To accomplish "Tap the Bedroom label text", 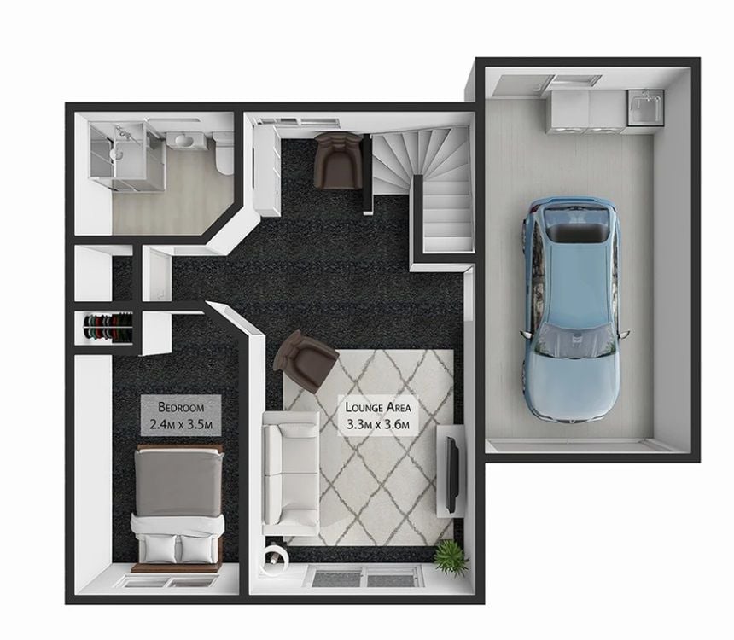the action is [x=181, y=407].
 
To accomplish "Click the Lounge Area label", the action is [x=378, y=407].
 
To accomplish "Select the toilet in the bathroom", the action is [x=224, y=153].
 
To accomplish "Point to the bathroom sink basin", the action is [x=185, y=140].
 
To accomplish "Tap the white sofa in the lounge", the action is [x=291, y=473].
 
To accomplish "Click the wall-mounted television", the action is [x=451, y=474].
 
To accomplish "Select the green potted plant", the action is [x=451, y=556].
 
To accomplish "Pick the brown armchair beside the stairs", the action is [x=338, y=160].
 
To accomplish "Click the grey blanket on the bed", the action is [x=178, y=483].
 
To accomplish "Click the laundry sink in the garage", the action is [x=645, y=108].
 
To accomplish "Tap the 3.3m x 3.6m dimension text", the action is [x=378, y=425].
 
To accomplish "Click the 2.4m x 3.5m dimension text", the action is [x=181, y=425].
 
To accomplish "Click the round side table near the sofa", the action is [x=274, y=556].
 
